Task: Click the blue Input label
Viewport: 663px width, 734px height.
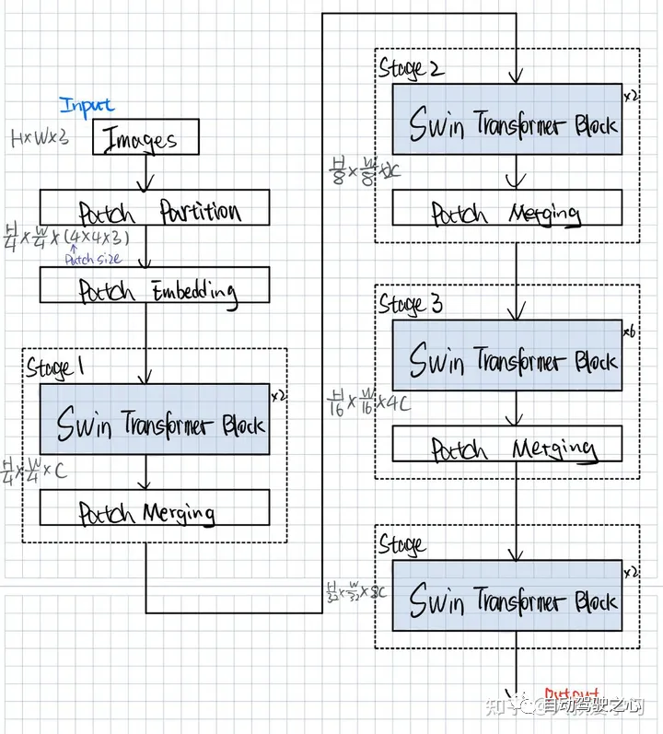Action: click(87, 105)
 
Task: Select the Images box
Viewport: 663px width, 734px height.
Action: click(146, 138)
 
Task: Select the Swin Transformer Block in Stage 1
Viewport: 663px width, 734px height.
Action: click(155, 419)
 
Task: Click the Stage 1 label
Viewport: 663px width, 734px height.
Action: click(55, 367)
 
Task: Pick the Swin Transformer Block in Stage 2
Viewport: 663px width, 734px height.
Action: click(507, 120)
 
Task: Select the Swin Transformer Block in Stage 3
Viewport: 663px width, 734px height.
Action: click(507, 355)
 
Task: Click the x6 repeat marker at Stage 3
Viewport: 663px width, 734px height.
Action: click(630, 330)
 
